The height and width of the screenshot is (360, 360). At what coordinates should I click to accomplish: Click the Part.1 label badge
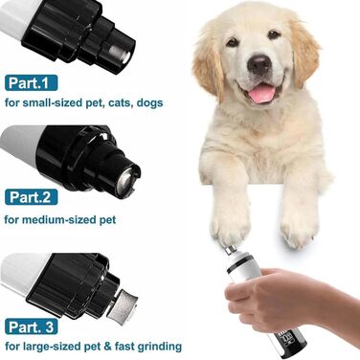tap(32, 83)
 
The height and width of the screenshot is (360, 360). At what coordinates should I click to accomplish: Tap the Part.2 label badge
tap(32, 197)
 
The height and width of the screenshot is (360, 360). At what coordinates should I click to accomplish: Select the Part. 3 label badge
tap(32, 326)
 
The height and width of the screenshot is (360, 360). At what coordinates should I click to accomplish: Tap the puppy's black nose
tap(259, 64)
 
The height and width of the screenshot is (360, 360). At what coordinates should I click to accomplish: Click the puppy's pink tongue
tap(261, 94)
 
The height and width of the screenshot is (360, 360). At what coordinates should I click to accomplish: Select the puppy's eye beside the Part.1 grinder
tap(233, 42)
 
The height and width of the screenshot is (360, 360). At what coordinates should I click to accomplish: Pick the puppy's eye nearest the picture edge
tap(274, 34)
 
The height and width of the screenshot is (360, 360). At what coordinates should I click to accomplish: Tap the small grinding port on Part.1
tap(120, 54)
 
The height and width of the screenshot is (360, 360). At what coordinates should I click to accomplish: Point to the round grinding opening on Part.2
tap(124, 181)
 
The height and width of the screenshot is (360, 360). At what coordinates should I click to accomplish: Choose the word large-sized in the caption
tap(53, 347)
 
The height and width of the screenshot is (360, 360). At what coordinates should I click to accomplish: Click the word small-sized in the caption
tap(53, 102)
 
